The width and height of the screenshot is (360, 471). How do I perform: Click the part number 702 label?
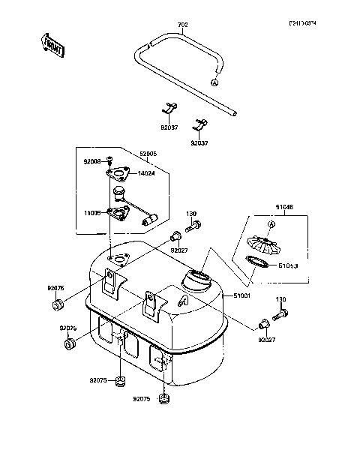pyautogui.click(x=182, y=25)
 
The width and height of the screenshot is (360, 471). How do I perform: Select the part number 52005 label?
pyautogui.click(x=148, y=153)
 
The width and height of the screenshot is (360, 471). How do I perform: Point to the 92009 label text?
pyautogui.click(x=92, y=161)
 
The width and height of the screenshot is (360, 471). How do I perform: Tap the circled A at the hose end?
pyautogui.click(x=215, y=82)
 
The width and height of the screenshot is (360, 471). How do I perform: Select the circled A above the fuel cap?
pyautogui.click(x=271, y=224)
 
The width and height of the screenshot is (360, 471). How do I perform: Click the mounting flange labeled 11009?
pyautogui.click(x=117, y=213)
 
